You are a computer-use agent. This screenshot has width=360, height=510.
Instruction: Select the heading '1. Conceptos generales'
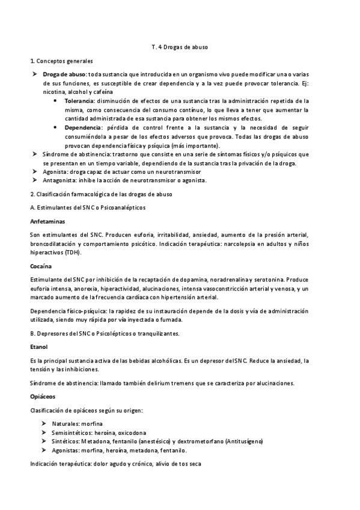[x=61, y=61]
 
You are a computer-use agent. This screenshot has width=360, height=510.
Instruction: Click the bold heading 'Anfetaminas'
[x=48, y=221]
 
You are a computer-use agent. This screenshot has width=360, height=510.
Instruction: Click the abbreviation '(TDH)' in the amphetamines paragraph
[x=73, y=253]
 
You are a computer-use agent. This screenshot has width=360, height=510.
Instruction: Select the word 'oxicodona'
[x=130, y=432]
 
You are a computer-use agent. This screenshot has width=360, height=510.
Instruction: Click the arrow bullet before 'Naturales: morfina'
[x=45, y=424]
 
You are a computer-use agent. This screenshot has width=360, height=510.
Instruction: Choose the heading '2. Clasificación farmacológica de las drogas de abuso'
[x=101, y=194]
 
